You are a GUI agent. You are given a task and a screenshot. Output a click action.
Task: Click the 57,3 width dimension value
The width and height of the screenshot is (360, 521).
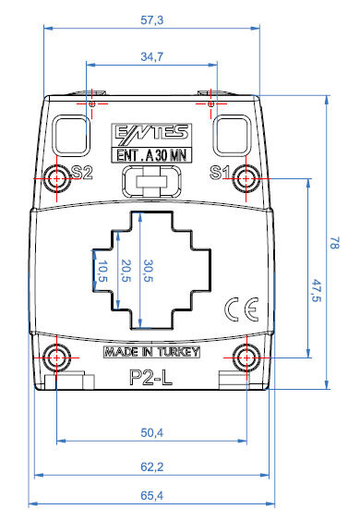click(151, 20)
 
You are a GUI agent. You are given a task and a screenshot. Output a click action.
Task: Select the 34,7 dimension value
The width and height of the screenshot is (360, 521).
click(151, 56)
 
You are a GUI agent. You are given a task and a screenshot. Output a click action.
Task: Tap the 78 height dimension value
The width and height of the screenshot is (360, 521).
click(334, 243)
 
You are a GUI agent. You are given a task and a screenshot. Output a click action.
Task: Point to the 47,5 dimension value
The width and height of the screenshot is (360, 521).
click(317, 290)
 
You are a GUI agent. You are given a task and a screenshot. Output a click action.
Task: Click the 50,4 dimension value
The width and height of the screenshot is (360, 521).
click(151, 432)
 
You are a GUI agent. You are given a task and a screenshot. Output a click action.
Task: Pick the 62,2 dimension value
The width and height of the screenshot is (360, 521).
click(151, 466)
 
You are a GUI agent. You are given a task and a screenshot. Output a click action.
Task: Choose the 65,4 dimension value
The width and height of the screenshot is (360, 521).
click(151, 495)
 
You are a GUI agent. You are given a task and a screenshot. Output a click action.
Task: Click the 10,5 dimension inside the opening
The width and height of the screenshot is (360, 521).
click(102, 272)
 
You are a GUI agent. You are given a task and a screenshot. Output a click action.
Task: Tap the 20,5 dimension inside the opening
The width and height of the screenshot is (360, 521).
click(126, 271)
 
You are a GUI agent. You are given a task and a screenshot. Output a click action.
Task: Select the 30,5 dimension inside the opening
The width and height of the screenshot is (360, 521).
click(148, 271)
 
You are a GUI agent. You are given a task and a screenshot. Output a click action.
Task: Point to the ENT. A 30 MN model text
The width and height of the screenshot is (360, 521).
click(151, 155)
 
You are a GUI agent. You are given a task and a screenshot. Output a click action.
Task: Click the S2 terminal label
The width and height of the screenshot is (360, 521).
click(82, 173)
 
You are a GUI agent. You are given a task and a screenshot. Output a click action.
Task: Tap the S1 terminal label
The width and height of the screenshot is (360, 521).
click(220, 173)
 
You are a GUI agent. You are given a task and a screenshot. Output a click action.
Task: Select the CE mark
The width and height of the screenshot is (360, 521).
click(242, 309)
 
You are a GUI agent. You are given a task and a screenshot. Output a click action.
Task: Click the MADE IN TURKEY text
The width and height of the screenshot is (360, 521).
click(151, 352)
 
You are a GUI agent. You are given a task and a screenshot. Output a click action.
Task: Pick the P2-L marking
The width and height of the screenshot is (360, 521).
click(150, 377)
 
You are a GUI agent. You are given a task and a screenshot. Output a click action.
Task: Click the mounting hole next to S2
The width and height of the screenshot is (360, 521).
click(57, 179)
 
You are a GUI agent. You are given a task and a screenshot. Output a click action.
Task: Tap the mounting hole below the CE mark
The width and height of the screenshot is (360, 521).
click(246, 357)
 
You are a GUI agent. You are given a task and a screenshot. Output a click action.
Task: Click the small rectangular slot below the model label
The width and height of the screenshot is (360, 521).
click(151, 182)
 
